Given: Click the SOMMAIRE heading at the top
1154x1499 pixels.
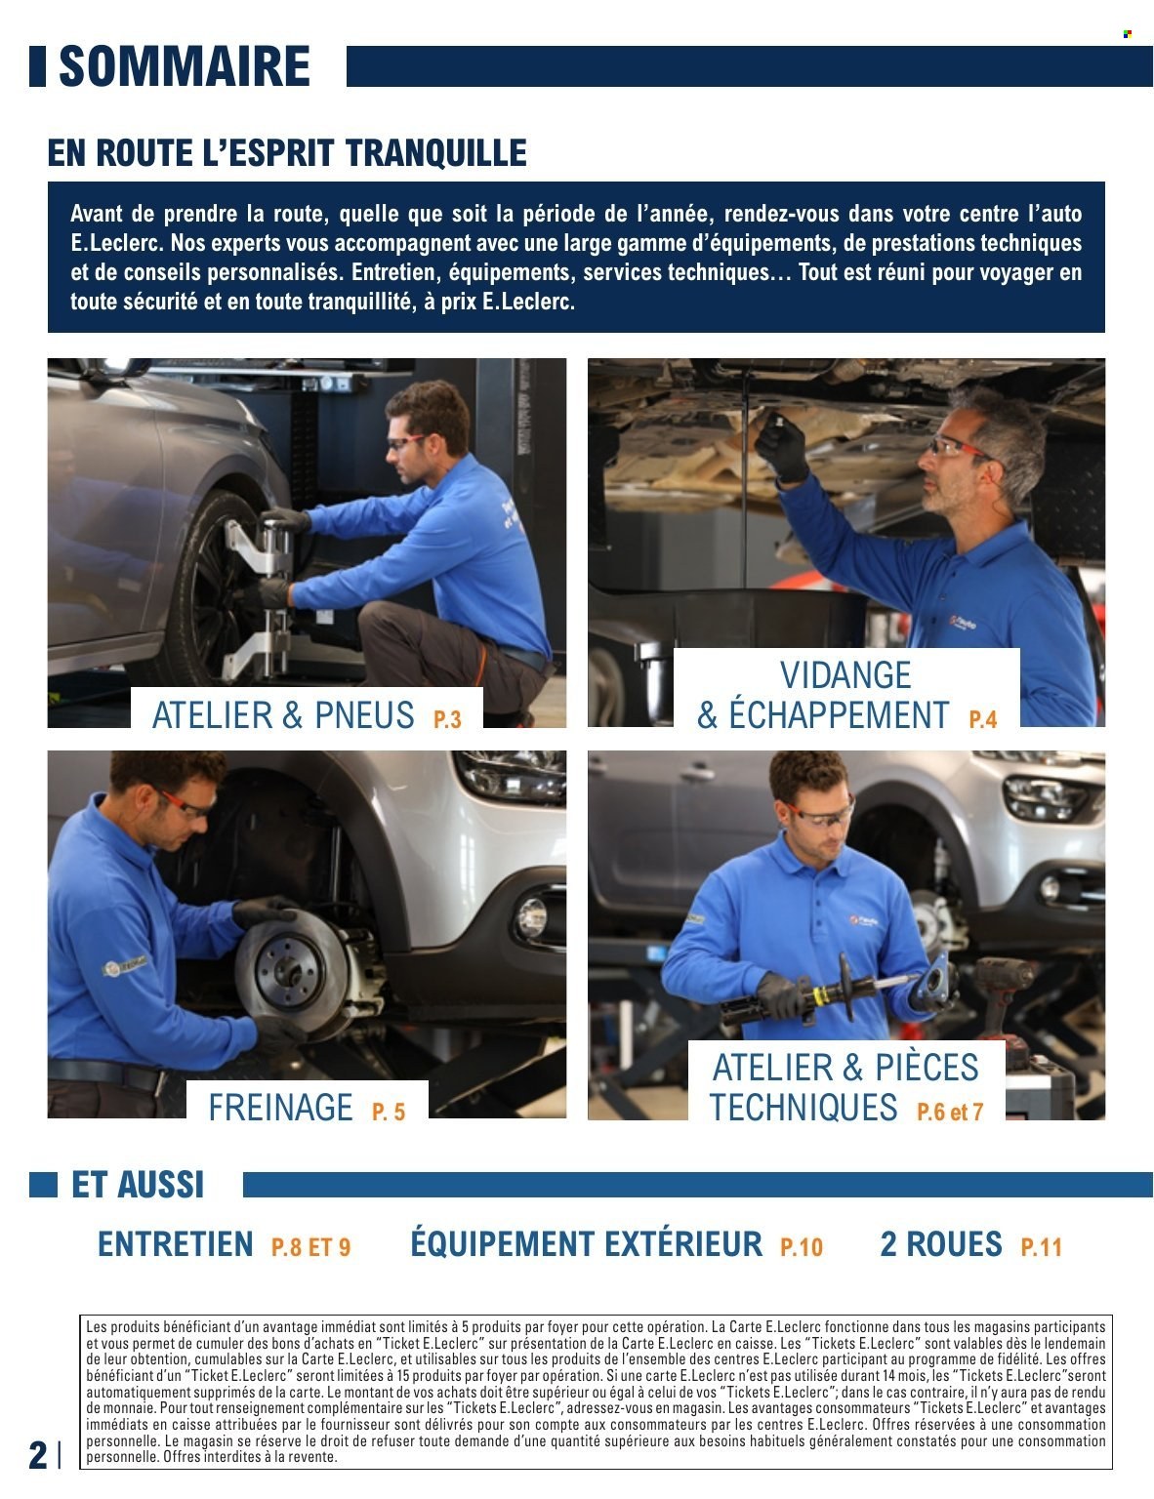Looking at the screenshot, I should (184, 66).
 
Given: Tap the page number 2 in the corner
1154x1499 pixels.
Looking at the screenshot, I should (37, 1454).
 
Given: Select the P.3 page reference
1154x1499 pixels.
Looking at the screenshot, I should (447, 719).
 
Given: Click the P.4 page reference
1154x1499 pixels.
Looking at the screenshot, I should (982, 719).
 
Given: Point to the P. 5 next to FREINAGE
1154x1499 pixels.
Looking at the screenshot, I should (388, 1112).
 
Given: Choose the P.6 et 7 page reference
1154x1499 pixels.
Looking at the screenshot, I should (950, 1112).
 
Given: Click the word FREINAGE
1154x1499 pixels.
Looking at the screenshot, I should (280, 1108).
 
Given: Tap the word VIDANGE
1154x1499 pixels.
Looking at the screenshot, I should (845, 675).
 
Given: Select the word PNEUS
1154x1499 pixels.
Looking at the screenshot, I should (364, 715).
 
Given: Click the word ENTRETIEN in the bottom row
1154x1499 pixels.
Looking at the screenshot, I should (175, 1244).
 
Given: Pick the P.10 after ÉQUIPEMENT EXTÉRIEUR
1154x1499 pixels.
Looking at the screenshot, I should (801, 1247).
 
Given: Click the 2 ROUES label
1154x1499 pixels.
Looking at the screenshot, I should (940, 1244).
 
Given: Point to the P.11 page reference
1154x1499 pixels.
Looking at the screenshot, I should (1041, 1247).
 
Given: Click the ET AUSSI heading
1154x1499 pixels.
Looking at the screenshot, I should (138, 1185).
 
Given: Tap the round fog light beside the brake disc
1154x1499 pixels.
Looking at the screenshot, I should (531, 915).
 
